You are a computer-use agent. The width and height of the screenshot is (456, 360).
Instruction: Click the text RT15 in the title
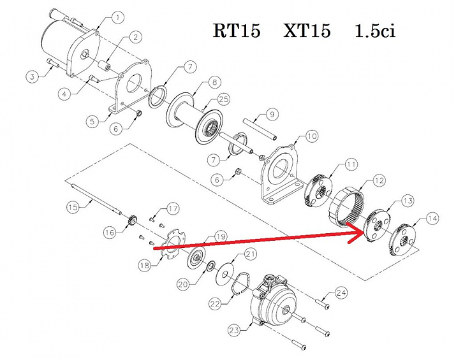coord(236,31)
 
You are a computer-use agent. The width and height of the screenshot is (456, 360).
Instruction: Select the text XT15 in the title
coord(307,31)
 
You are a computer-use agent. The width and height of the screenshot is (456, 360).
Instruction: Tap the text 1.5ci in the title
coord(375,31)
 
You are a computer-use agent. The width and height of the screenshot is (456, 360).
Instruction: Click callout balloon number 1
coord(119,15)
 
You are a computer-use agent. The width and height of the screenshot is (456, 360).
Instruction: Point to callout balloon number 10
coord(311,136)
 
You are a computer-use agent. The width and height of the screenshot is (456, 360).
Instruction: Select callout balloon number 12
coord(379,180)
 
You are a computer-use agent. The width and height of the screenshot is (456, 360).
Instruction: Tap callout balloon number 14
coord(432,219)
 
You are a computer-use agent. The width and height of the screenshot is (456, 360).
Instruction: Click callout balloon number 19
coord(219,236)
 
